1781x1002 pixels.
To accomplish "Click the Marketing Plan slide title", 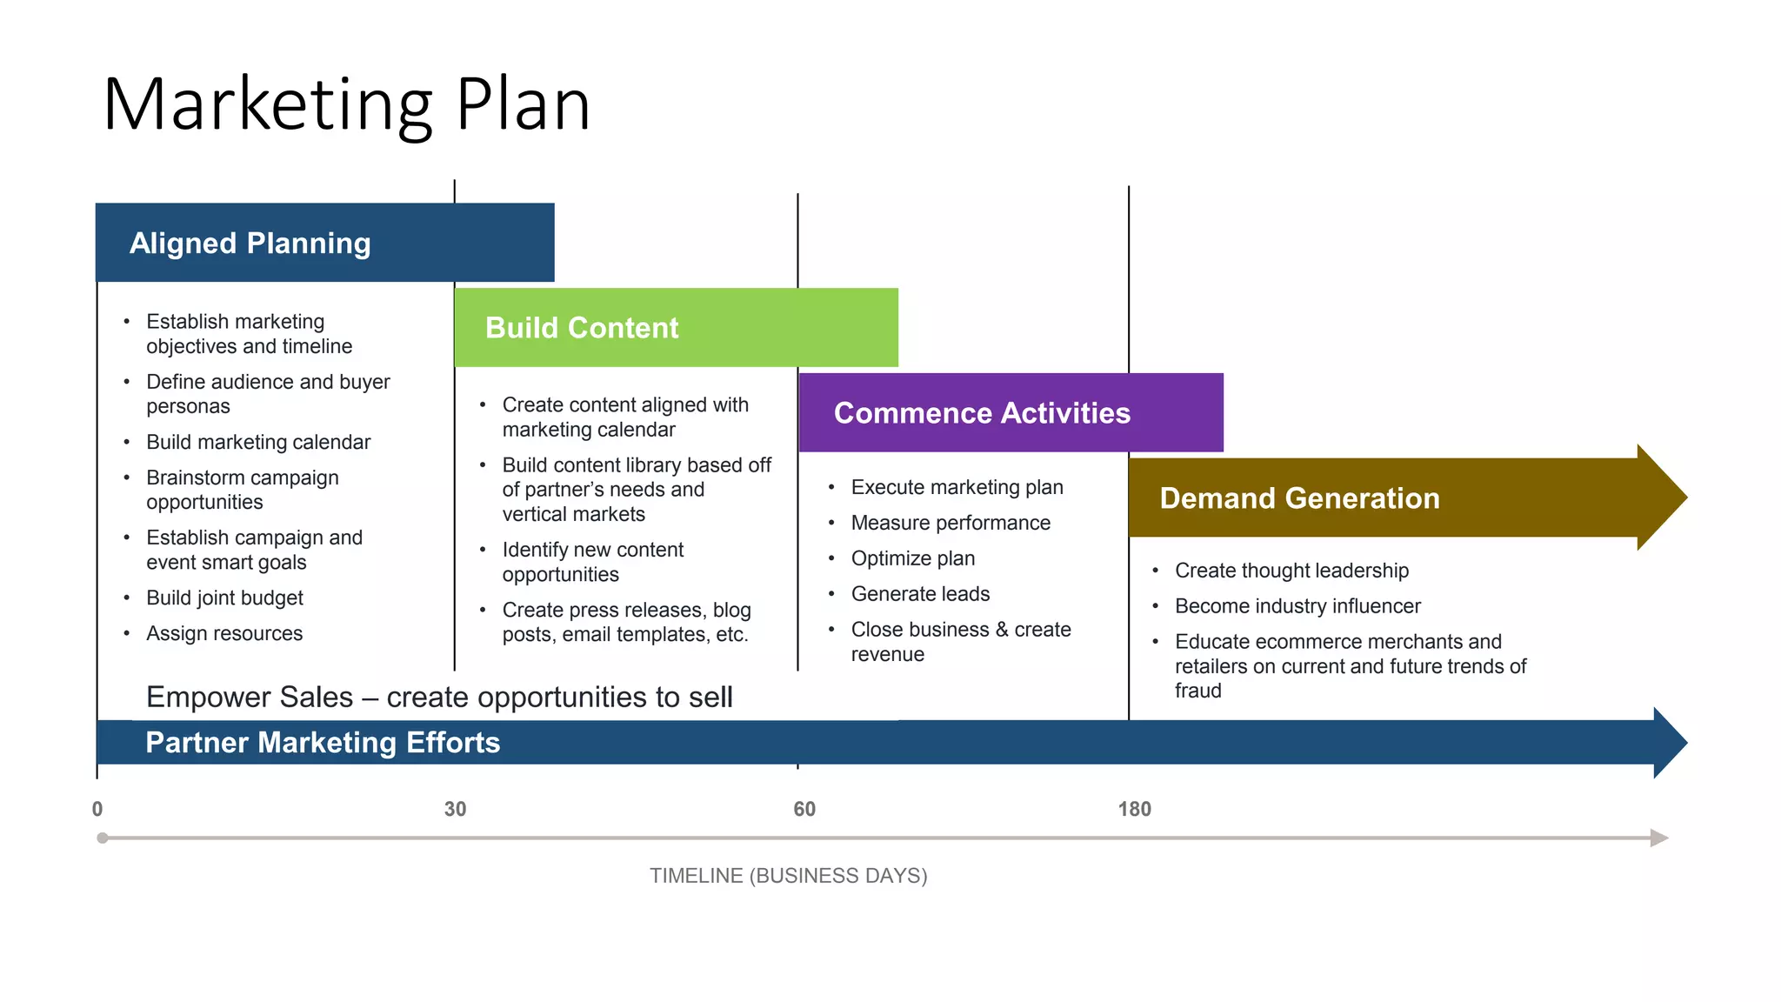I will coord(346,104).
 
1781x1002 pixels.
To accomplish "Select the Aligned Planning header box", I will coord(324,243).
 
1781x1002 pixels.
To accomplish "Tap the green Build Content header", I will coord(675,328).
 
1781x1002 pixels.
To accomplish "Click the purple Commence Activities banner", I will coord(1010,413).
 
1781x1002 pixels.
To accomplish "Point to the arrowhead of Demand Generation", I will coord(1663,498).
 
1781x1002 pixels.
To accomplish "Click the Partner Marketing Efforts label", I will coord(323,743).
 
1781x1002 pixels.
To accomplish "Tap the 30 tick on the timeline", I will coord(455,810).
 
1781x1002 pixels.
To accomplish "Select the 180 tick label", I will coord(1134,810).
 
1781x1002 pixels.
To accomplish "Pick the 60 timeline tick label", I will coord(804,810).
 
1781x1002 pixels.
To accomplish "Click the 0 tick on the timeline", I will coord(97,810).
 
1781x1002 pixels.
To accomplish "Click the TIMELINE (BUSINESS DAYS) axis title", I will coord(788,876).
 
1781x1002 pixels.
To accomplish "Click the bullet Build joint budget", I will coord(224,598).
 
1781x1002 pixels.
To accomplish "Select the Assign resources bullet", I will coord(224,634).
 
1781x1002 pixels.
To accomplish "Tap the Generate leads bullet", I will coord(920,594).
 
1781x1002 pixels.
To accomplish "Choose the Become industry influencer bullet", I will coord(1297,606).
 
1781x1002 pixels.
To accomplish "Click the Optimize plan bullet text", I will coord(912,558).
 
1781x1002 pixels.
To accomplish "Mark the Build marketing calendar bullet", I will coord(258,443).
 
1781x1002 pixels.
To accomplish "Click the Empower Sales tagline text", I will coord(439,698).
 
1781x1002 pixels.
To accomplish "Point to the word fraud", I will coord(1197,691).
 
